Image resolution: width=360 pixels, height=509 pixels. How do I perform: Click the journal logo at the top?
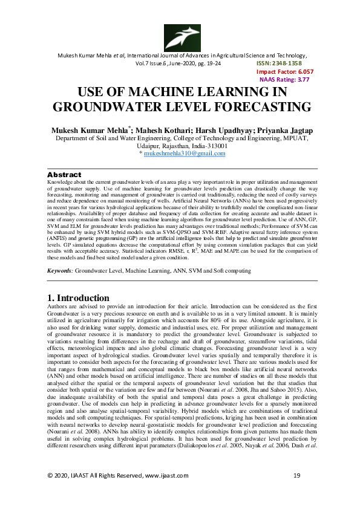180,37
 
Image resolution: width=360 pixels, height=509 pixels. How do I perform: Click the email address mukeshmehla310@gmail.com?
183,154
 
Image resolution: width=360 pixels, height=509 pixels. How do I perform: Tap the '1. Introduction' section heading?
78,298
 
